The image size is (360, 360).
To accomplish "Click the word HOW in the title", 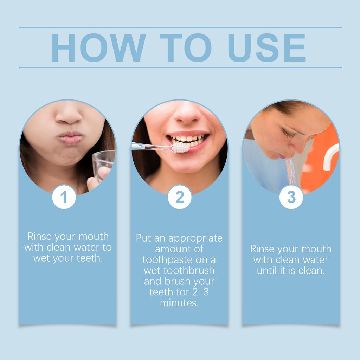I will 98,48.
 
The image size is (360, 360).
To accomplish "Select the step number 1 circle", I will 64,197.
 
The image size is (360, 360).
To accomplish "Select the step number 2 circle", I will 180,197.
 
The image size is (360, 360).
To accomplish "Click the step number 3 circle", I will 291,197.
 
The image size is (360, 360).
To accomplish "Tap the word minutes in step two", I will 179,303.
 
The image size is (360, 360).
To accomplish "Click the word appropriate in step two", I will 195,238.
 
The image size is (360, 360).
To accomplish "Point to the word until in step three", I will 269,271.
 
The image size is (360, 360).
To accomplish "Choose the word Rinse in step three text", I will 263,249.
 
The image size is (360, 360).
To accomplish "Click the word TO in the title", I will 186,48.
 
